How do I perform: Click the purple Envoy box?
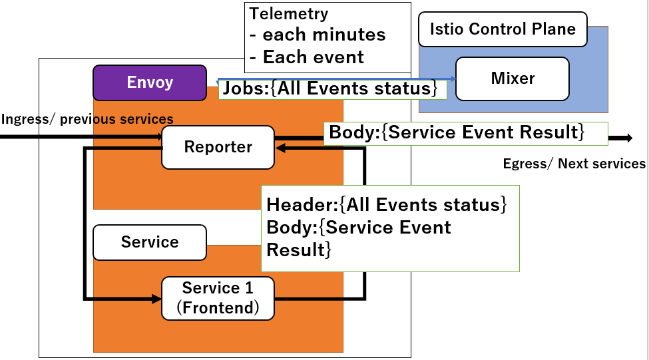click(x=150, y=83)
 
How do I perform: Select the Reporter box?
click(x=218, y=147)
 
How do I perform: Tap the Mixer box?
click(x=513, y=79)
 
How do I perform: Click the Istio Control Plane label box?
click(x=503, y=29)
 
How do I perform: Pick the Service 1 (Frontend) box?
click(x=218, y=298)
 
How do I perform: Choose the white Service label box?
click(x=150, y=242)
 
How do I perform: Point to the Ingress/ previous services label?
click(x=87, y=119)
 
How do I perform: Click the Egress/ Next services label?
click(x=574, y=164)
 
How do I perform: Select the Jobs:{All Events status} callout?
click(x=333, y=89)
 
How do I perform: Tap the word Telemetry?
click(x=289, y=14)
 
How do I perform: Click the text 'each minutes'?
click(x=324, y=35)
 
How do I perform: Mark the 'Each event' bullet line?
click(x=307, y=57)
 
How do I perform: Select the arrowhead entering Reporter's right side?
click(x=280, y=148)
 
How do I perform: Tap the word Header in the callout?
click(x=300, y=205)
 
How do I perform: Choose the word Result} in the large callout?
click(x=299, y=250)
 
